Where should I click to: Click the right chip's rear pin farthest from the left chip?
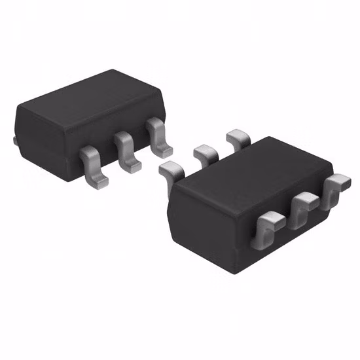pyautogui.click(x=236, y=139)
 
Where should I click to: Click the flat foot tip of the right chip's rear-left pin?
pyautogui.click(x=166, y=170)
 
